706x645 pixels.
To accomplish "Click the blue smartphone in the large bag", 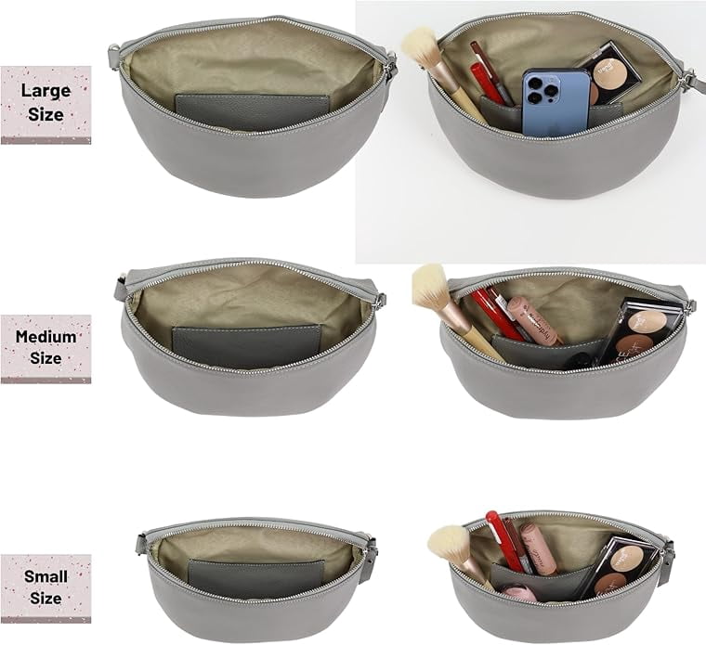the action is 556,102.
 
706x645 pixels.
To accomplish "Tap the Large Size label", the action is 46,105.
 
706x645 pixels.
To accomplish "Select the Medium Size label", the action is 46,349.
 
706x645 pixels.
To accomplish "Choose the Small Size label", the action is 46,588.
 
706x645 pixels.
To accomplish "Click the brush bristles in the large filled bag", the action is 419,45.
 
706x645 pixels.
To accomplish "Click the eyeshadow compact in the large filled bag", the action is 610,72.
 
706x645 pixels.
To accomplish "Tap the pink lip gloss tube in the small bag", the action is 539,548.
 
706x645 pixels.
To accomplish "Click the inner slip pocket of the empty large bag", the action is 251,112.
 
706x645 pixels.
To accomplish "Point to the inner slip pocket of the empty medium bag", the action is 247,345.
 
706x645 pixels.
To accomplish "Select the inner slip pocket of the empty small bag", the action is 256,579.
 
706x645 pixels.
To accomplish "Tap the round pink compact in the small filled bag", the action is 517,593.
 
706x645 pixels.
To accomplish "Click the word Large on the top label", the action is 46,91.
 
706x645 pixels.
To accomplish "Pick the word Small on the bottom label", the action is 46,576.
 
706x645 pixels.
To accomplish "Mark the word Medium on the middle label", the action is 46,337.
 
